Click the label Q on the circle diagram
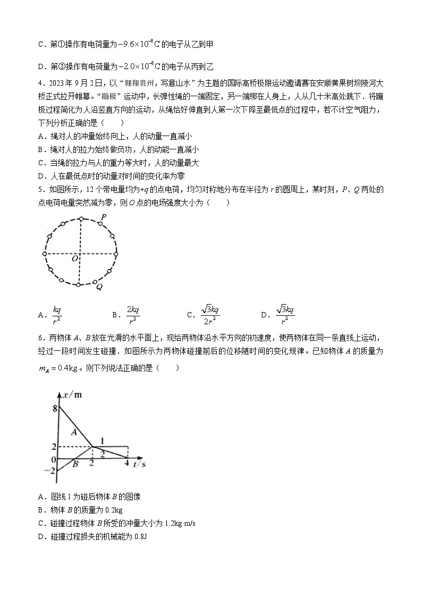click(x=99, y=287)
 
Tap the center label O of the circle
click(x=75, y=258)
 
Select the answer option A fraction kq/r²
click(x=57, y=315)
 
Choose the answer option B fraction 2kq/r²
click(x=133, y=315)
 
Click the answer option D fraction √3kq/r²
click(x=285, y=315)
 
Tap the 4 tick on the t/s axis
click(x=126, y=464)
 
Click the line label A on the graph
click(x=74, y=432)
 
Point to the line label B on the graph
click(x=75, y=464)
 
